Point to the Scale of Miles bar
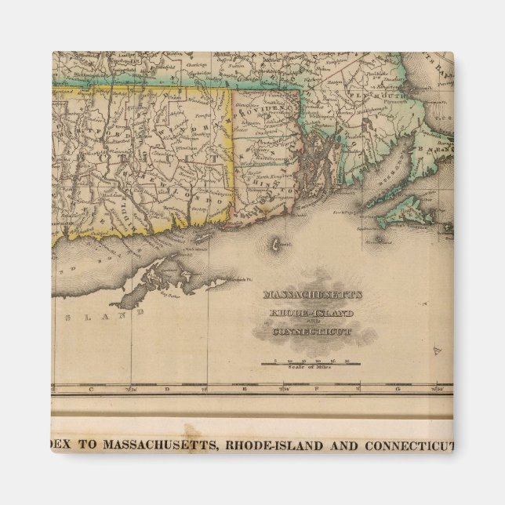click(311, 363)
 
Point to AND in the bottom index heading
click(342, 446)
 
